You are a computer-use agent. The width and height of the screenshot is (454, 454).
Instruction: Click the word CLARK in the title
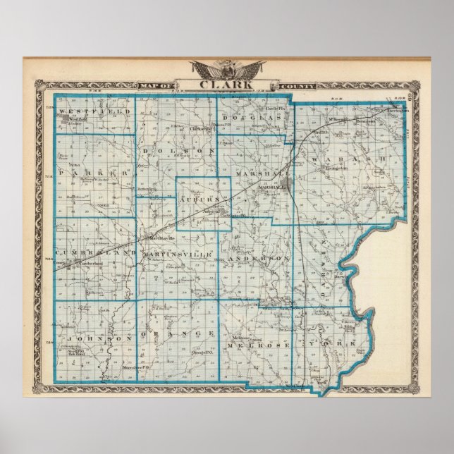coord(227,86)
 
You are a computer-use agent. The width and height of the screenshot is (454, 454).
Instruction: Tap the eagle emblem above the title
coord(227,70)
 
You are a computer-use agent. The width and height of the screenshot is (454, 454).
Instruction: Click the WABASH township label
coord(348,160)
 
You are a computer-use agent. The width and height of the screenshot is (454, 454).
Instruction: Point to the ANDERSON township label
coord(259,259)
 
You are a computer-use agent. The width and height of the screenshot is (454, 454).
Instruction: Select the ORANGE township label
coord(178,332)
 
